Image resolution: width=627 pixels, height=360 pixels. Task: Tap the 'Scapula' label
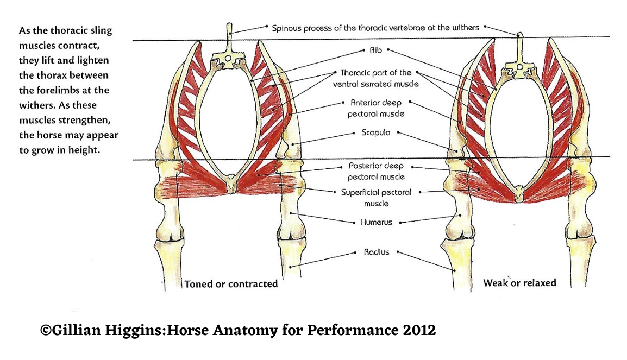click(x=376, y=132)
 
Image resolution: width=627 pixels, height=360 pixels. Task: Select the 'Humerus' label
click(x=376, y=222)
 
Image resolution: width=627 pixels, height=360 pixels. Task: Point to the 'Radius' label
click(x=377, y=252)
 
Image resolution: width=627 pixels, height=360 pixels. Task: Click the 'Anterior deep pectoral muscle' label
click(x=375, y=108)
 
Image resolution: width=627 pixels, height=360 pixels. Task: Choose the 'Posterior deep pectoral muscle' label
click(x=375, y=171)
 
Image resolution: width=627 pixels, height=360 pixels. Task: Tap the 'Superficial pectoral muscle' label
click(x=376, y=198)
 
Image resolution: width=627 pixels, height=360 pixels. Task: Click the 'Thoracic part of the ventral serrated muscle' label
click(x=375, y=78)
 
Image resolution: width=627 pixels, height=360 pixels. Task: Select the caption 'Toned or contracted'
click(x=231, y=283)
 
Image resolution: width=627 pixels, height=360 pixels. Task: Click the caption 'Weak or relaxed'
click(x=519, y=283)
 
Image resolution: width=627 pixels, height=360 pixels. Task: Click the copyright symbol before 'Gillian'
click(x=46, y=330)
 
